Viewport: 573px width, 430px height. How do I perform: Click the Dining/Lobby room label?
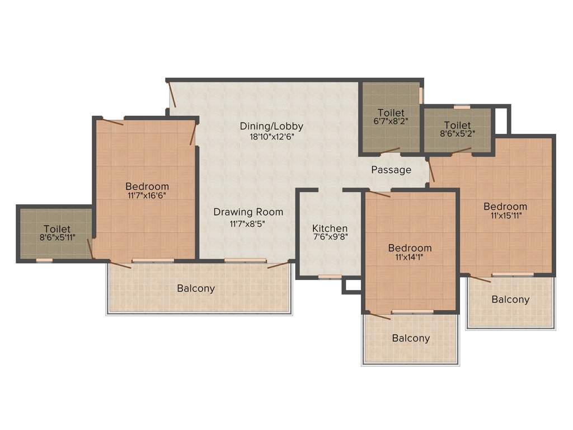point(271,126)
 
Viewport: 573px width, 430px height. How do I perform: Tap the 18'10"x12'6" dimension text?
point(271,136)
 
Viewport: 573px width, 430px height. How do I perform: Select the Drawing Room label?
point(248,212)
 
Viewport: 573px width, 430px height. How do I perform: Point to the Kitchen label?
point(330,228)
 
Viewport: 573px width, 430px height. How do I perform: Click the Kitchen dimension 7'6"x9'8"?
point(330,238)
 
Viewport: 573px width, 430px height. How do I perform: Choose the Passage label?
point(391,170)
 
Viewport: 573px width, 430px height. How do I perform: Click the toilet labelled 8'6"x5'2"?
point(457,129)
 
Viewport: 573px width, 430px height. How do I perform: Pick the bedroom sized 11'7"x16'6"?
point(147,190)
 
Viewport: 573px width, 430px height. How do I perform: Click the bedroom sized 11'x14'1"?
point(410,253)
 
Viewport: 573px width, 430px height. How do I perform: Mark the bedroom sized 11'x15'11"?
point(505,211)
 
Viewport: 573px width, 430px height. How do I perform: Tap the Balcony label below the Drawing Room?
point(196,289)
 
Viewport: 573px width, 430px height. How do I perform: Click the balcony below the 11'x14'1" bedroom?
point(411,338)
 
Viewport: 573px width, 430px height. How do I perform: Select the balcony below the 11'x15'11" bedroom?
point(510,300)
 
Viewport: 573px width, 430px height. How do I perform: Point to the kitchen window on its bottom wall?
point(330,276)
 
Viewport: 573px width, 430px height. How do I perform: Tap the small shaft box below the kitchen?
point(353,285)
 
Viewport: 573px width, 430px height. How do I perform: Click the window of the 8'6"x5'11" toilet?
point(44,260)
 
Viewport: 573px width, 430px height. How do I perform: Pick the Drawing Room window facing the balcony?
point(245,260)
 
